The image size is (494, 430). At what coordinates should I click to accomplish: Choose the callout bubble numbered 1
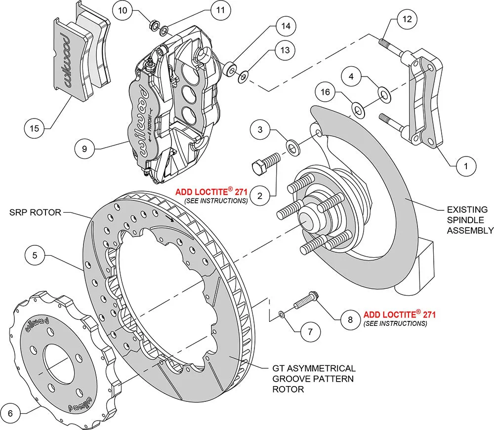click(465, 166)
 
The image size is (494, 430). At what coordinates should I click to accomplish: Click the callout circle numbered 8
click(350, 319)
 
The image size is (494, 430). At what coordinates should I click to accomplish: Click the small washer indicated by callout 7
click(281, 314)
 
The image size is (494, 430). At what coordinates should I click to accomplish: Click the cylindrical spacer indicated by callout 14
click(229, 71)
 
